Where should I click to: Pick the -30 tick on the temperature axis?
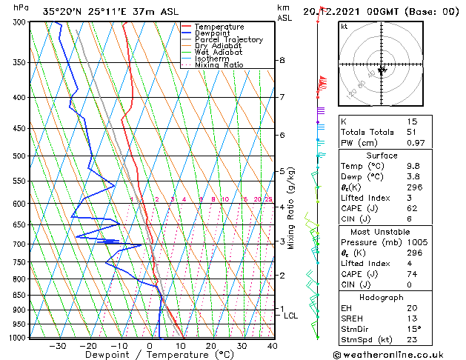point(57,346)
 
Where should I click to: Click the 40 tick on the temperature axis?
point(272,346)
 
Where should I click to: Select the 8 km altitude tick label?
point(282,60)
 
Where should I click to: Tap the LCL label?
point(291,316)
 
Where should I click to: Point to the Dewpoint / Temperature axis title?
point(148,356)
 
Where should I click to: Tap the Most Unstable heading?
point(376,231)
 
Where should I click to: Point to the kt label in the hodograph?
point(344,27)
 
